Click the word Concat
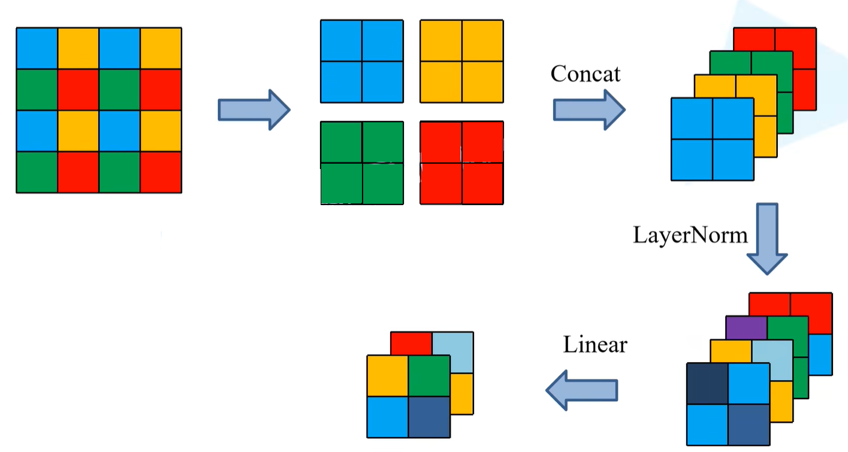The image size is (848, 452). [586, 74]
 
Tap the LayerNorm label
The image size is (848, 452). [690, 235]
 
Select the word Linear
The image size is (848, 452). [595, 345]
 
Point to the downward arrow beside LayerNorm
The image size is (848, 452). [767, 238]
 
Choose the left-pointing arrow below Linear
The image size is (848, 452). [581, 390]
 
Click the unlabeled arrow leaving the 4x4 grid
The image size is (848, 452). [254, 110]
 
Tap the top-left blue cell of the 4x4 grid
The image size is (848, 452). [37, 49]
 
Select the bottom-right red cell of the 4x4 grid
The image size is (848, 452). [161, 172]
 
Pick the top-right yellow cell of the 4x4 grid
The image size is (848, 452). [161, 49]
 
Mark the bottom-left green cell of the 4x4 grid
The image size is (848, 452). [37, 172]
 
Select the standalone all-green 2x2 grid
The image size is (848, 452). [362, 163]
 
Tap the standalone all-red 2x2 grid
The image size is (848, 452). [461, 163]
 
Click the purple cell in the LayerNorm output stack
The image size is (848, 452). [746, 327]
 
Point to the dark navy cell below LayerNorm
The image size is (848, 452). [707, 384]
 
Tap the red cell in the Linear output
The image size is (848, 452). [411, 343]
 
